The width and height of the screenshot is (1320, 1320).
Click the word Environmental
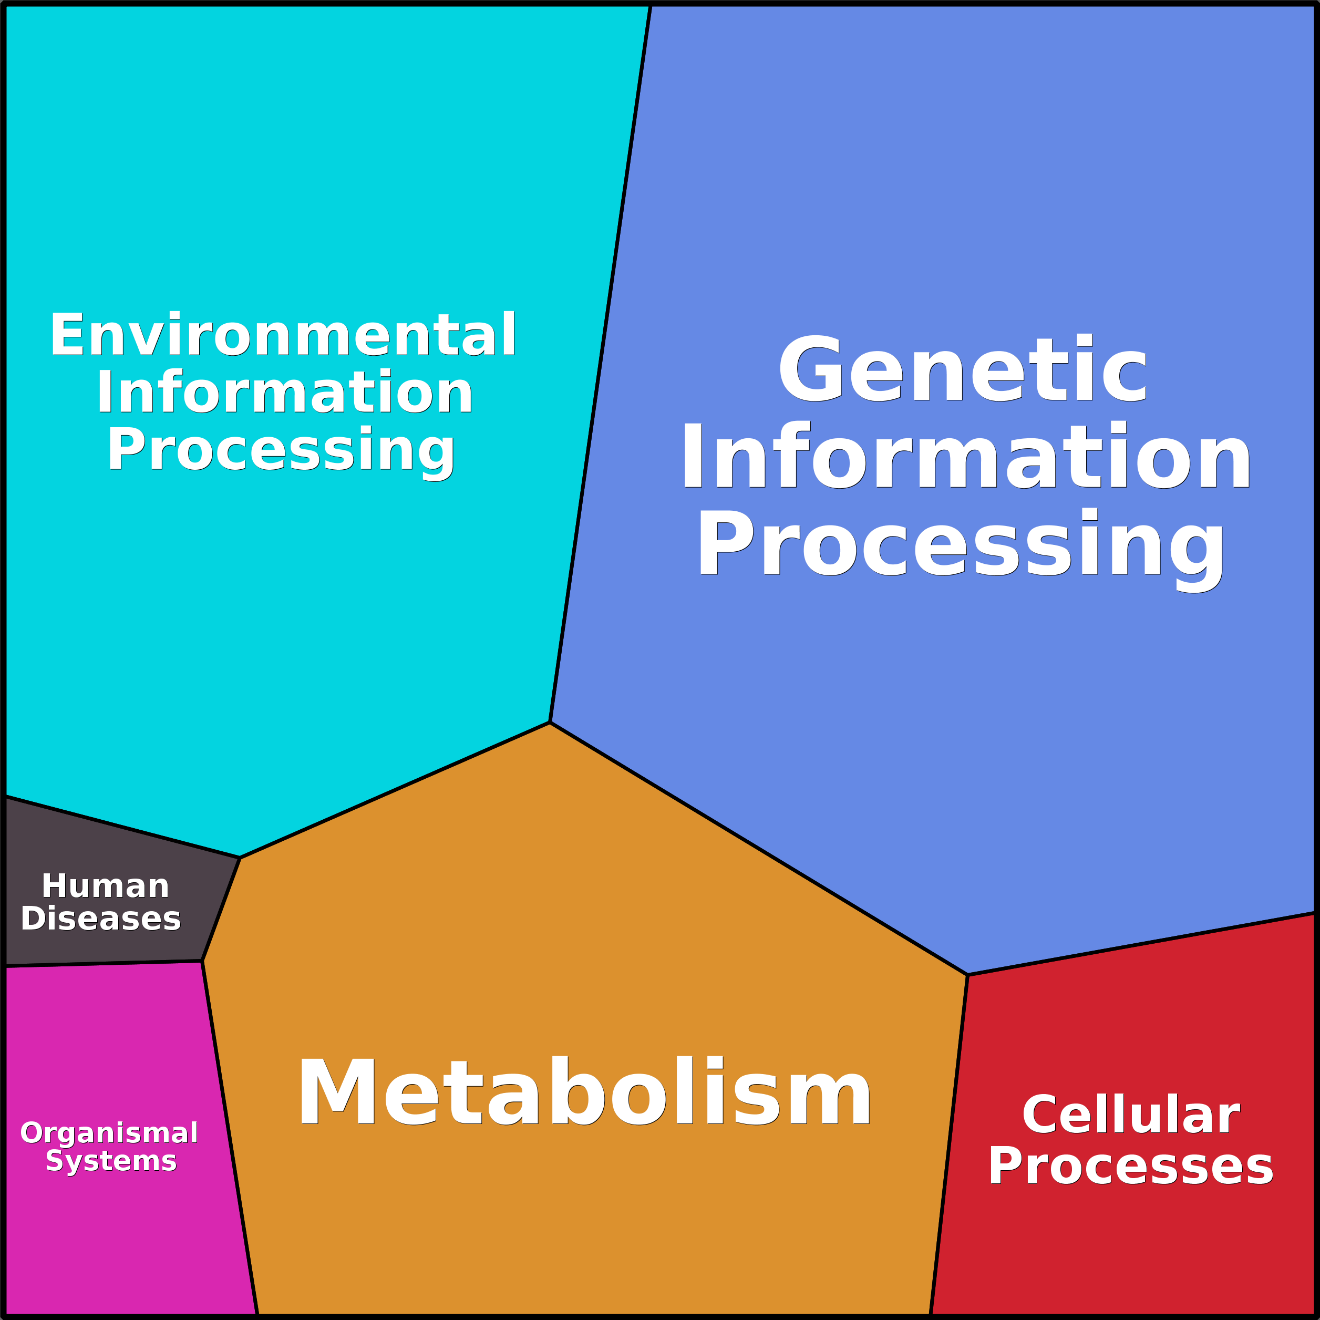pos(283,335)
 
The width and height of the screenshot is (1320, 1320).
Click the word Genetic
pos(963,369)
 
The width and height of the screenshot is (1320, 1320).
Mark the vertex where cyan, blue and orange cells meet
pos(550,722)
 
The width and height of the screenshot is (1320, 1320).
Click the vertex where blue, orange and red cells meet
pos(967,975)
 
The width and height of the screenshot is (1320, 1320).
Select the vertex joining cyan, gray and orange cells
pos(240,858)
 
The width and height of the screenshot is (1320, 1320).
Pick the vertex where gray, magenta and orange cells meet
pos(202,961)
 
